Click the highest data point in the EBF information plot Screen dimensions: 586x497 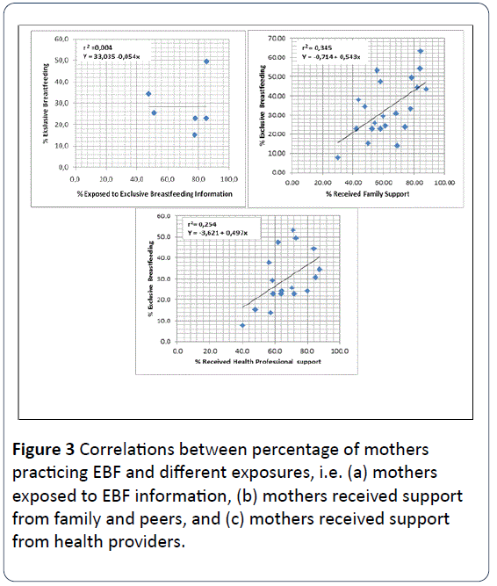pos(206,61)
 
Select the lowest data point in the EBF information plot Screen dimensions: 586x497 pos(195,134)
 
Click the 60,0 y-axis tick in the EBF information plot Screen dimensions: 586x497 pos(62,40)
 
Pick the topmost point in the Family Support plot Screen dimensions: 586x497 pos(420,51)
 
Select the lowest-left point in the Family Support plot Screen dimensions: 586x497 pos(338,158)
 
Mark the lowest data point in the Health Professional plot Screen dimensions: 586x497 pos(242,325)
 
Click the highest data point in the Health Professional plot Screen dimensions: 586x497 pos(293,231)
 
